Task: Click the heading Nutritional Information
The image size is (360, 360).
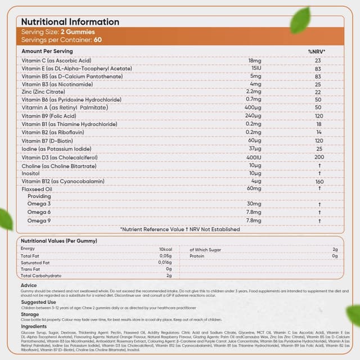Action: tap(70, 22)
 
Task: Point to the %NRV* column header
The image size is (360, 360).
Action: tap(317, 51)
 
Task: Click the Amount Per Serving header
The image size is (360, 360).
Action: tap(48, 51)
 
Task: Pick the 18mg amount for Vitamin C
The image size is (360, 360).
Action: tap(255, 60)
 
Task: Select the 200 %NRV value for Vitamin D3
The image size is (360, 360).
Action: tap(318, 158)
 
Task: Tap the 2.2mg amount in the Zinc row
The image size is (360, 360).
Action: tap(254, 92)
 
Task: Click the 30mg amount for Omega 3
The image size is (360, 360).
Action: tap(254, 204)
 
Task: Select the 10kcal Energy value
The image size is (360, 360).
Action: tap(165, 249)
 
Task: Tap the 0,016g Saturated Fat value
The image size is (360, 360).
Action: tap(164, 262)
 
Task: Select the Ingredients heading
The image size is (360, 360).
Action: tap(33, 326)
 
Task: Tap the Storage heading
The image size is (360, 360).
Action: tap(30, 314)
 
